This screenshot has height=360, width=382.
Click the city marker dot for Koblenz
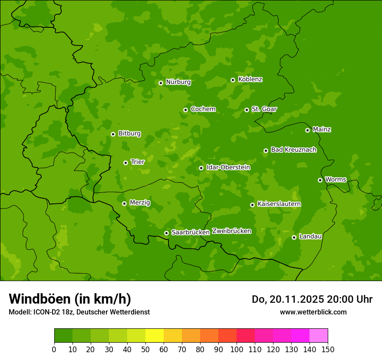coord(233,80)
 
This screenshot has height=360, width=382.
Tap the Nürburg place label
coord(178,82)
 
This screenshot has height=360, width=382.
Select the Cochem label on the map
coord(203,109)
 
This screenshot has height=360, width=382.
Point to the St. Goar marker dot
coord(247,110)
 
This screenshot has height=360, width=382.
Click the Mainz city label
coord(322,129)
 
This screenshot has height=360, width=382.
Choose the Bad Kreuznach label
coord(293,150)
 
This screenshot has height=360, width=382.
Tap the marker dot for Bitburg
coord(113,134)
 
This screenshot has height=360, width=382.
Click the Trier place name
coord(137,162)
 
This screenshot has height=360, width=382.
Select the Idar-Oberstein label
coord(228,167)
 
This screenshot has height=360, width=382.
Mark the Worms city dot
coord(320,180)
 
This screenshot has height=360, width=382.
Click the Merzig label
coord(140,203)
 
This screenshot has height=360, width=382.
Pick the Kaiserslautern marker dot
coord(252,205)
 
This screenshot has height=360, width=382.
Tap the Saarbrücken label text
coord(190,232)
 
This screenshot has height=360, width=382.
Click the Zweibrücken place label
coord(231,231)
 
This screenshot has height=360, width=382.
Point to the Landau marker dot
coord(294,237)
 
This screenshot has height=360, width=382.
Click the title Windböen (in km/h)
coord(69,299)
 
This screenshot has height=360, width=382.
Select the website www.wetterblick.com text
coord(313,312)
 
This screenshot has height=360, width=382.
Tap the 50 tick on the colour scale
coord(145,349)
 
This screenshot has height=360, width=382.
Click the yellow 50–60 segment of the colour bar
coord(155,336)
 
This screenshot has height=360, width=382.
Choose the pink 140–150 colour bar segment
coord(319,336)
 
